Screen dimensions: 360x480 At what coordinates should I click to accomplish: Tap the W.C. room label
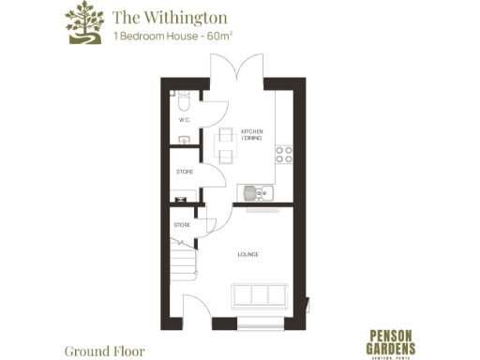(185, 120)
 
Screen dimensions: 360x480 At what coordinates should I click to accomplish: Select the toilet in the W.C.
(183, 98)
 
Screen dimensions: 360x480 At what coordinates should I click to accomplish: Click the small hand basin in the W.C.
(186, 140)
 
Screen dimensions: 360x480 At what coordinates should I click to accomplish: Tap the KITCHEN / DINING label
(251, 134)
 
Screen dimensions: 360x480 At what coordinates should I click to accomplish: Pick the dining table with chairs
(225, 143)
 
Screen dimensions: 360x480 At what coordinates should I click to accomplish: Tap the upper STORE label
(185, 172)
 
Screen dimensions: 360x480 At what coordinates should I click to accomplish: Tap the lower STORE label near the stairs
(182, 225)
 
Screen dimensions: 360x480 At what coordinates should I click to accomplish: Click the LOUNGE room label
(248, 255)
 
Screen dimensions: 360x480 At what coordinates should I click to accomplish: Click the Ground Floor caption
(104, 352)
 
